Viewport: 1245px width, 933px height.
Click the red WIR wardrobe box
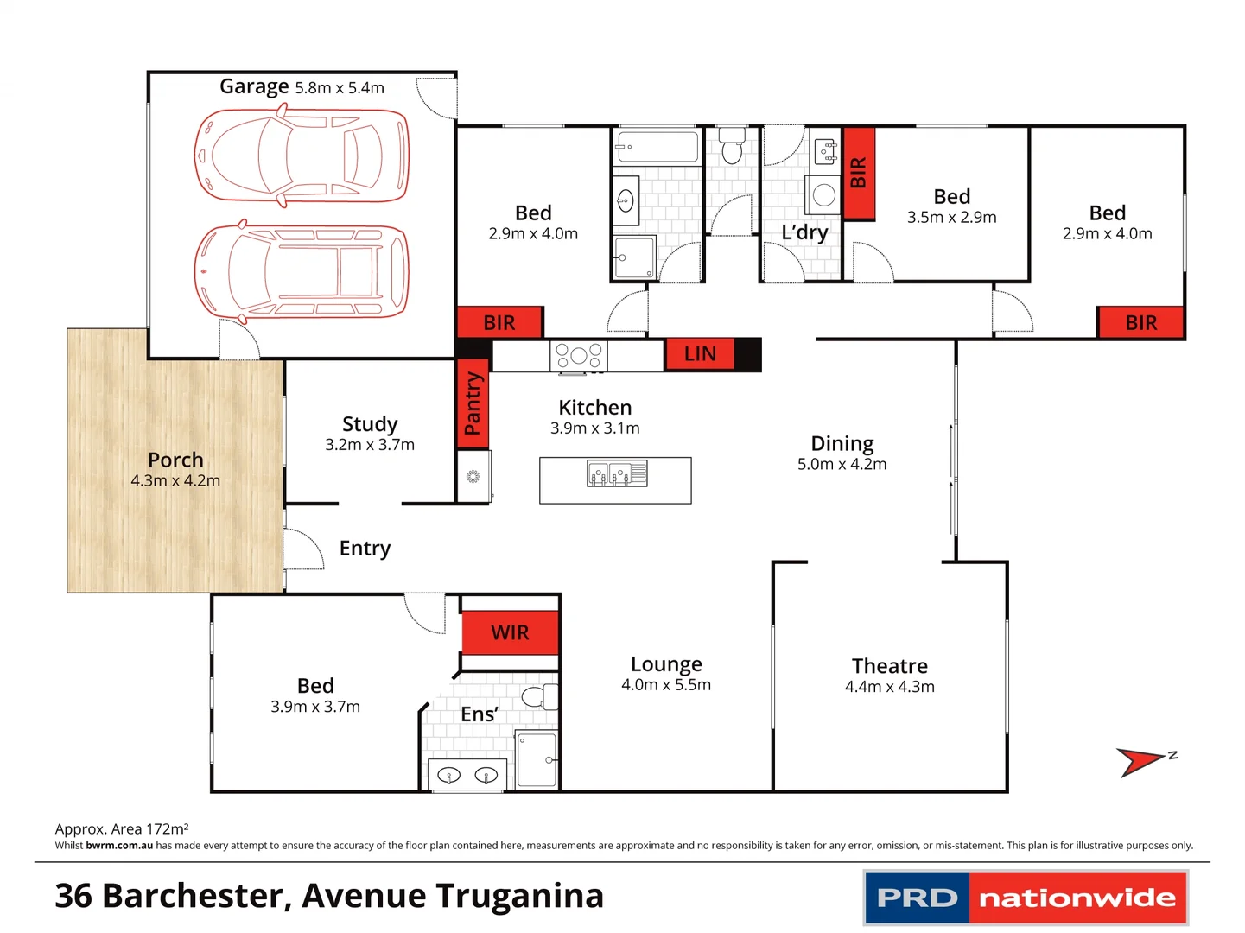point(510,632)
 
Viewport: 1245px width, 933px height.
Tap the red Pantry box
point(473,403)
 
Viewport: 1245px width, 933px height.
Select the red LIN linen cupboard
point(699,354)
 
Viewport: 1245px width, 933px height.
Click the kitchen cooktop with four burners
point(579,356)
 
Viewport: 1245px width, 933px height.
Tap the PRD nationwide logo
point(1026,898)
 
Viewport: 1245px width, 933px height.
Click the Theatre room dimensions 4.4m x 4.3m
point(889,687)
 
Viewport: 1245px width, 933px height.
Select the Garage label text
point(254,86)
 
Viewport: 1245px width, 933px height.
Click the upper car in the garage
point(301,156)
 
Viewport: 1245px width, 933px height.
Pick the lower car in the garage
point(301,271)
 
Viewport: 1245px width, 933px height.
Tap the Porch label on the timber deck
point(175,460)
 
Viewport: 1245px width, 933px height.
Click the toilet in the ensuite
point(539,696)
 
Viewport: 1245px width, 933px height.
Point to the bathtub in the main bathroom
point(657,147)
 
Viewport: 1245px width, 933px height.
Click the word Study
point(370,424)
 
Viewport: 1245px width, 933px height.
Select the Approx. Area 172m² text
point(122,828)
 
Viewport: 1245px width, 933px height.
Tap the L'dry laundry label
point(804,232)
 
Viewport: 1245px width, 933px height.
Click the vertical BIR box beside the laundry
point(859,173)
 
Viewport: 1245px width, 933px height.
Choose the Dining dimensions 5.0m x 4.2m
point(842,464)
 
